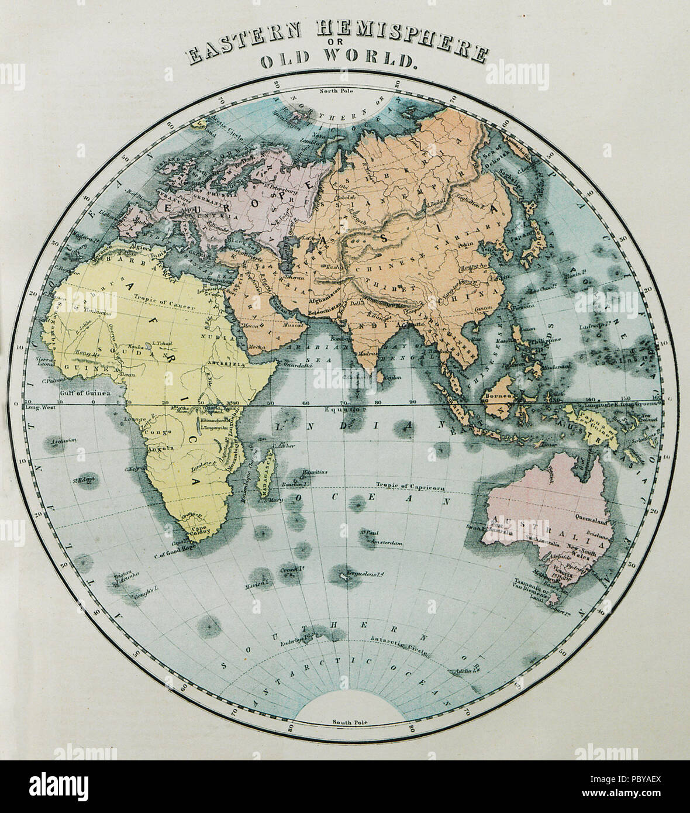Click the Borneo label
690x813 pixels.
[497, 397]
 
